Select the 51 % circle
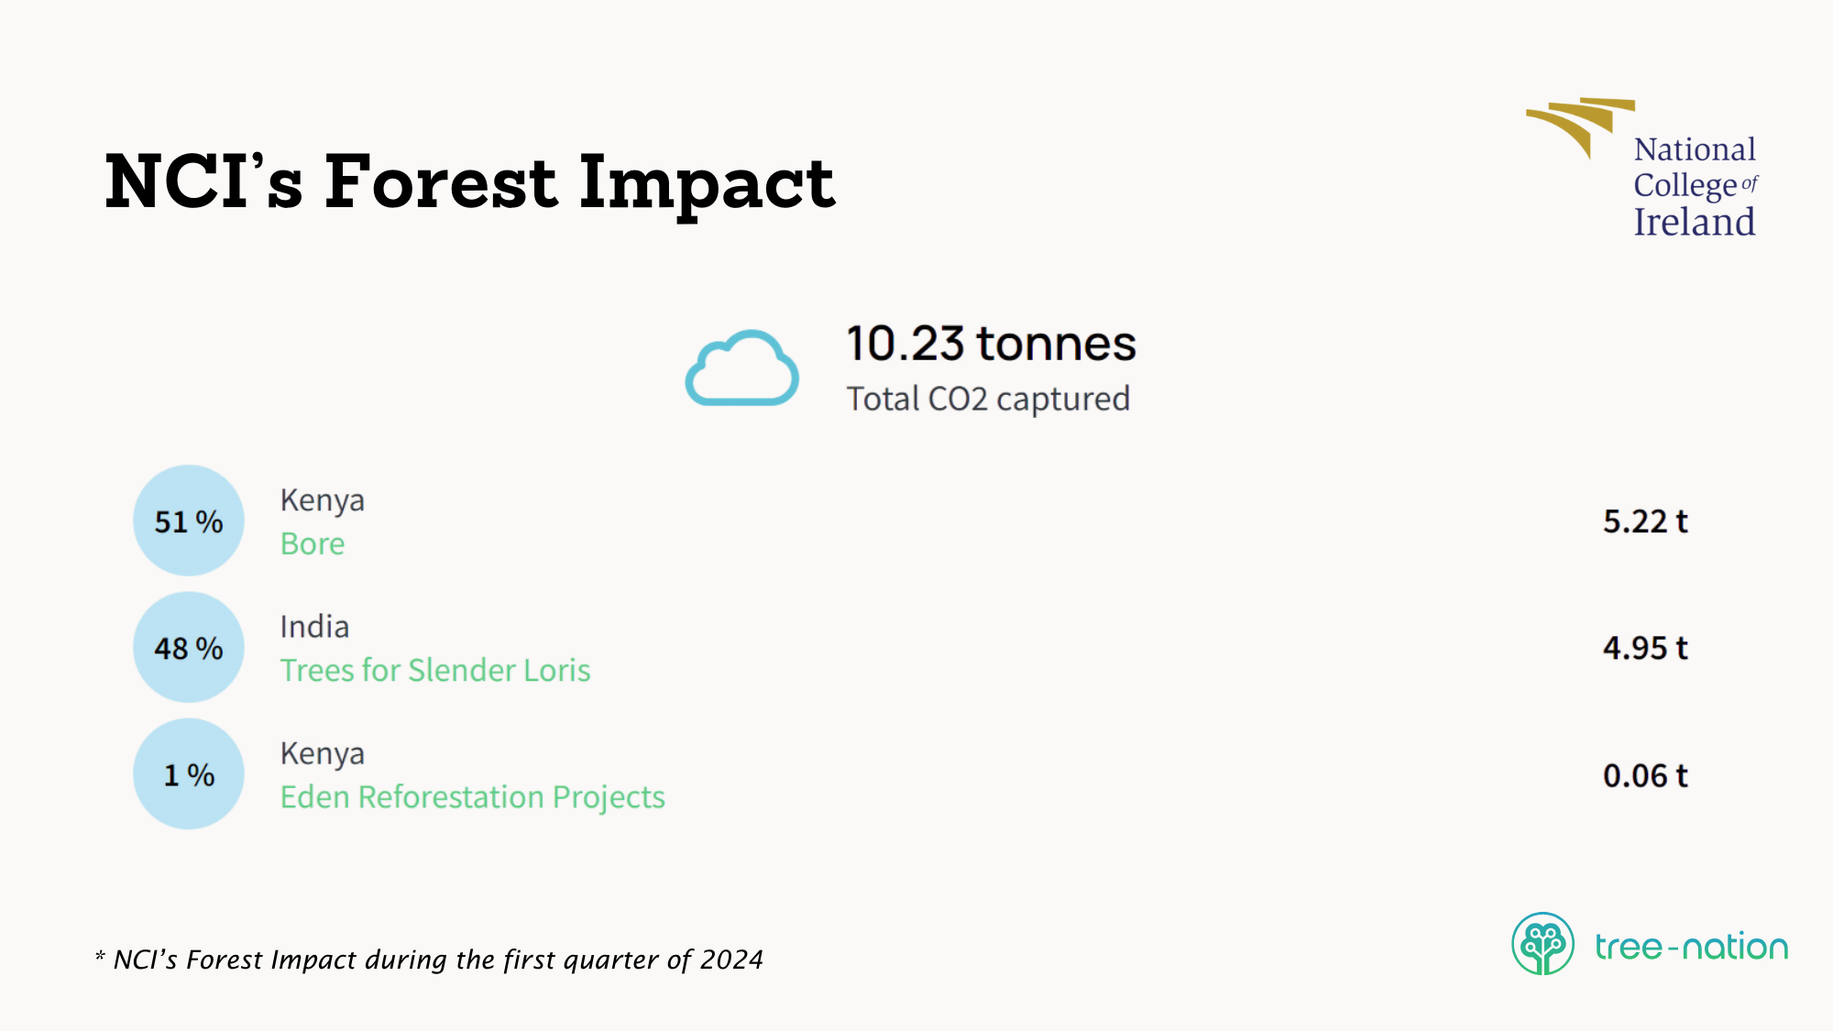tap(189, 521)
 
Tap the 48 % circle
tap(189, 647)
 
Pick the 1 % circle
tap(189, 774)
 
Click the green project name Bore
tap(313, 543)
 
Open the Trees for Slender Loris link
tap(435, 670)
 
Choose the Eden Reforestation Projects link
tap(473, 797)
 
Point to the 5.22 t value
tap(1645, 521)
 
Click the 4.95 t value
tap(1645, 648)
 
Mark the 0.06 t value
tap(1645, 775)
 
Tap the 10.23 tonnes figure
tap(991, 344)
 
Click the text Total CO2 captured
tap(988, 399)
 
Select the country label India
tap(314, 627)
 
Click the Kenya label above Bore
tap(323, 500)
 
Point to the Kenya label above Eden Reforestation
tap(323, 753)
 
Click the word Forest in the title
tap(440, 181)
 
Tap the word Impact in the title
tap(707, 184)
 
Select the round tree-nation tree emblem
tap(1543, 944)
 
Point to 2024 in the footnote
tap(731, 960)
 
